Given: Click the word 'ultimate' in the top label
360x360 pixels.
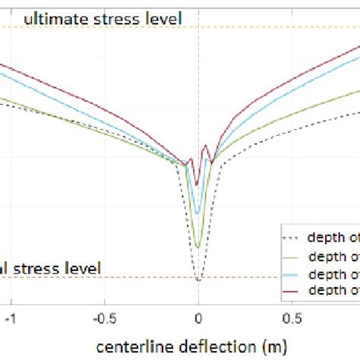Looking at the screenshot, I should (x=54, y=18).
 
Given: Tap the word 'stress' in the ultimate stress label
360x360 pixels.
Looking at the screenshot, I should (x=112, y=18).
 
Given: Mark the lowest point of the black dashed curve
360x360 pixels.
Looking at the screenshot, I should (x=198, y=280).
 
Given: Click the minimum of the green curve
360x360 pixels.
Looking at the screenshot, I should (x=197, y=247).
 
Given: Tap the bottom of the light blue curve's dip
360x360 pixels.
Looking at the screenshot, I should (x=197, y=214).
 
